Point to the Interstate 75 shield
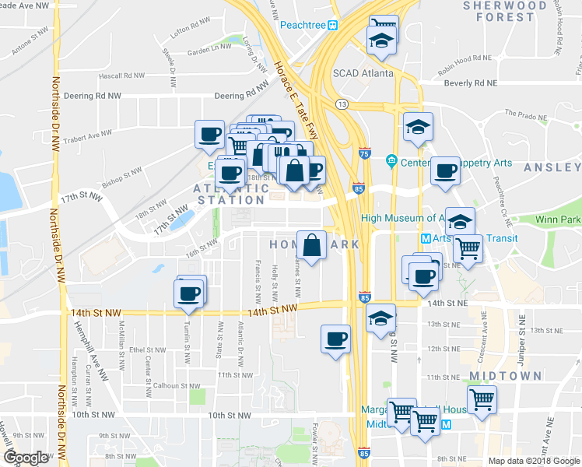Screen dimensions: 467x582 point(365,154)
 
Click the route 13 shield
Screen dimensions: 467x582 point(341,104)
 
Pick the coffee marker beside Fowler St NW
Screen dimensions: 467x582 point(335,339)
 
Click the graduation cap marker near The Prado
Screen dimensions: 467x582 point(418,127)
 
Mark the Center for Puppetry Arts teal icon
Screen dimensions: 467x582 point(391,162)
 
